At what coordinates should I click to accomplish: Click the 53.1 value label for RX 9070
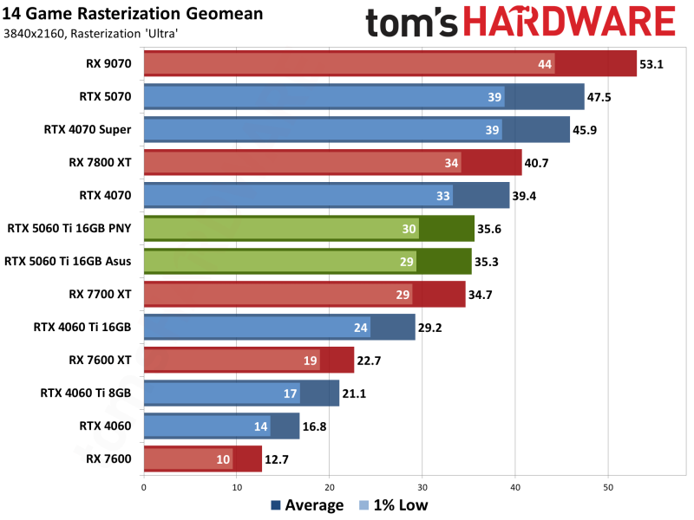652,64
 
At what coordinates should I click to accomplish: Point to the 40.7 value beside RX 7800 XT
538,163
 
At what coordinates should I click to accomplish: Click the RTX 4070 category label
105,196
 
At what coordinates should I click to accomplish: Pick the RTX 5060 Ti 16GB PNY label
69,229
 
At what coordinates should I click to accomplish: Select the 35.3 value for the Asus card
488,262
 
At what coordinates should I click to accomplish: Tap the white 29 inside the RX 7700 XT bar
403,295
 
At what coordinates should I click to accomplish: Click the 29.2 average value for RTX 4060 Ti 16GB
431,328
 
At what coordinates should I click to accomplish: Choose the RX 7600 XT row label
100,360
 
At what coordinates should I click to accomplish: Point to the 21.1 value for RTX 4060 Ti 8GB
356,393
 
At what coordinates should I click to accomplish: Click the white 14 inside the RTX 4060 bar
260,426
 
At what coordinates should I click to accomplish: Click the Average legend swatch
276,505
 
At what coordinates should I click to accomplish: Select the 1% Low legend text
402,505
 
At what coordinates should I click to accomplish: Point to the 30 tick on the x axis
422,487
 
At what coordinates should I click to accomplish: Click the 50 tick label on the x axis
608,487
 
